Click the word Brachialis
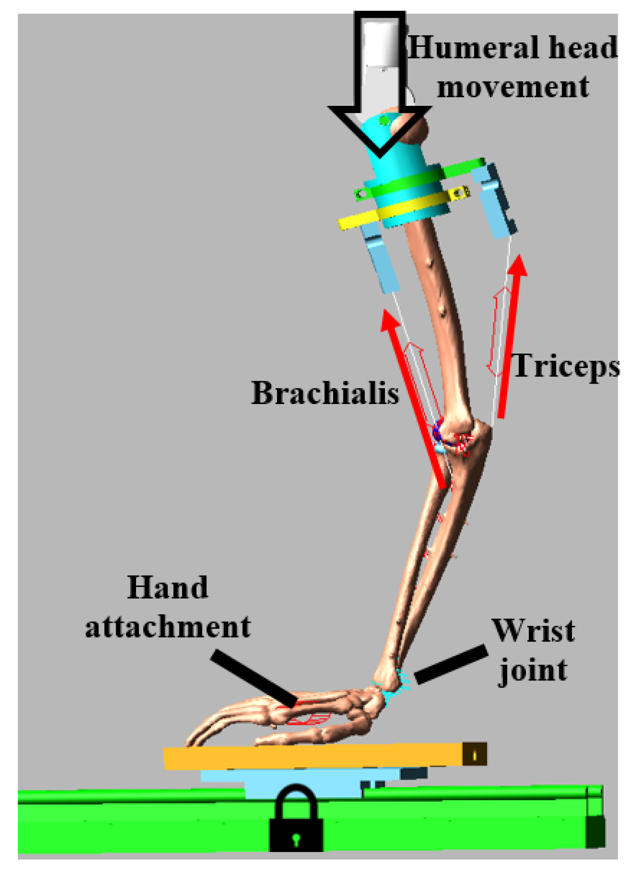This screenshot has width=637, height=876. coord(325,393)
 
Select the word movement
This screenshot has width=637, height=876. coord(513,87)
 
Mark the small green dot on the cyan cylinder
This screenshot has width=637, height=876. coord(384,121)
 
